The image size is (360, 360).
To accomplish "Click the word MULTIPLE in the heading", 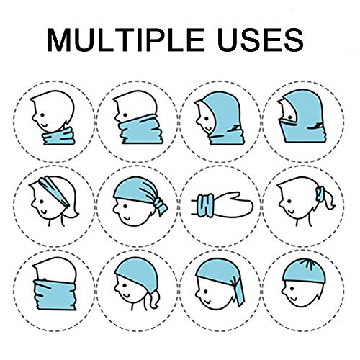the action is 125,40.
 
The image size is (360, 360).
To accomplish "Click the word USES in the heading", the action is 261,40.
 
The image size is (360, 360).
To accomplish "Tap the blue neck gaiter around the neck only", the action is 59,136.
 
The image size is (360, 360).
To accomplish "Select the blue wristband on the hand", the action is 206,206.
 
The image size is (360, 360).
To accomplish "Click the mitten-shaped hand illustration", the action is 232,204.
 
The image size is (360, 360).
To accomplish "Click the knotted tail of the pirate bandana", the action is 161,206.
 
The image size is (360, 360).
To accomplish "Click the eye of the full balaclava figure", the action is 291,117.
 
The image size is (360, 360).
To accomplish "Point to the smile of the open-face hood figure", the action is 210,129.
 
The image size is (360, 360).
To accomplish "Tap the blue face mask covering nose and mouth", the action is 141,130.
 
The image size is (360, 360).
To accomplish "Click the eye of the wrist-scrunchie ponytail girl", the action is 289,201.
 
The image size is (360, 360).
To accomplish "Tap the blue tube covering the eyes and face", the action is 55,294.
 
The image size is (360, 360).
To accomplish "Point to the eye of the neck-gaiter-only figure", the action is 42,115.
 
